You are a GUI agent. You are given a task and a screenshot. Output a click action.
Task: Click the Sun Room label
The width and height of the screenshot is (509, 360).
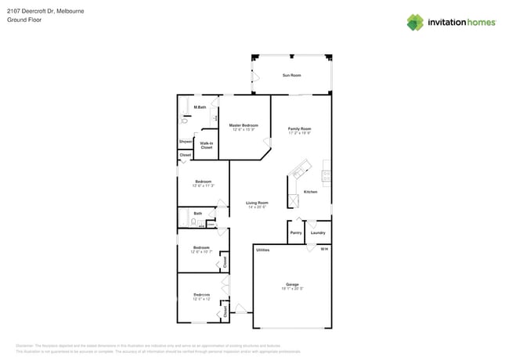[x=291, y=75]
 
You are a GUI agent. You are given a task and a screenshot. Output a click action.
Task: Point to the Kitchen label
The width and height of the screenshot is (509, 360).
[x=310, y=192]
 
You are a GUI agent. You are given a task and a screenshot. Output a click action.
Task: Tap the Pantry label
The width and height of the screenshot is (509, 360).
[x=296, y=232]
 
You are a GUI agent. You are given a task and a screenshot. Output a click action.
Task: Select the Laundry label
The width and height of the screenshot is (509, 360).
[x=318, y=232]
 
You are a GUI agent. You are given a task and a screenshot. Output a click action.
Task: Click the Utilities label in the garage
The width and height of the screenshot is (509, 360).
[x=263, y=250]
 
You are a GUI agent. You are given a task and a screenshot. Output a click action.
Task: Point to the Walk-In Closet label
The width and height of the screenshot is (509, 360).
[x=207, y=145]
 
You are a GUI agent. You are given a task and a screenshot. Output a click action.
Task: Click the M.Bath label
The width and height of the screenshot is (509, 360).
[x=200, y=107]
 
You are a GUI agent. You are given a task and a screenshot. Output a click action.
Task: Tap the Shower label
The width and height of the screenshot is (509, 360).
[x=186, y=142]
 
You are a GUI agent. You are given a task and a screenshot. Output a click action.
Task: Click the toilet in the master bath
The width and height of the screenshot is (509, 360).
[x=186, y=120]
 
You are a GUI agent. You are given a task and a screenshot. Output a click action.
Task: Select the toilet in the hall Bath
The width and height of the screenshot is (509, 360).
[x=193, y=223]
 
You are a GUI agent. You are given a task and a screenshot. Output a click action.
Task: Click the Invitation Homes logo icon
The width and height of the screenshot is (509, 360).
[x=415, y=23]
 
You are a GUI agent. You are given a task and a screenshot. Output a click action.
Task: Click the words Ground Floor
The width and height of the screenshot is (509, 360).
[x=24, y=20]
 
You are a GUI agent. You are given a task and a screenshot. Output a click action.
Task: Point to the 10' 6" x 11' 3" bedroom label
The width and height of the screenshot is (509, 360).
[x=203, y=183]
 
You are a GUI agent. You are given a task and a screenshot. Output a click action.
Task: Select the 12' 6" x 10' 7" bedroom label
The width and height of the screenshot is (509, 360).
[x=201, y=250]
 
